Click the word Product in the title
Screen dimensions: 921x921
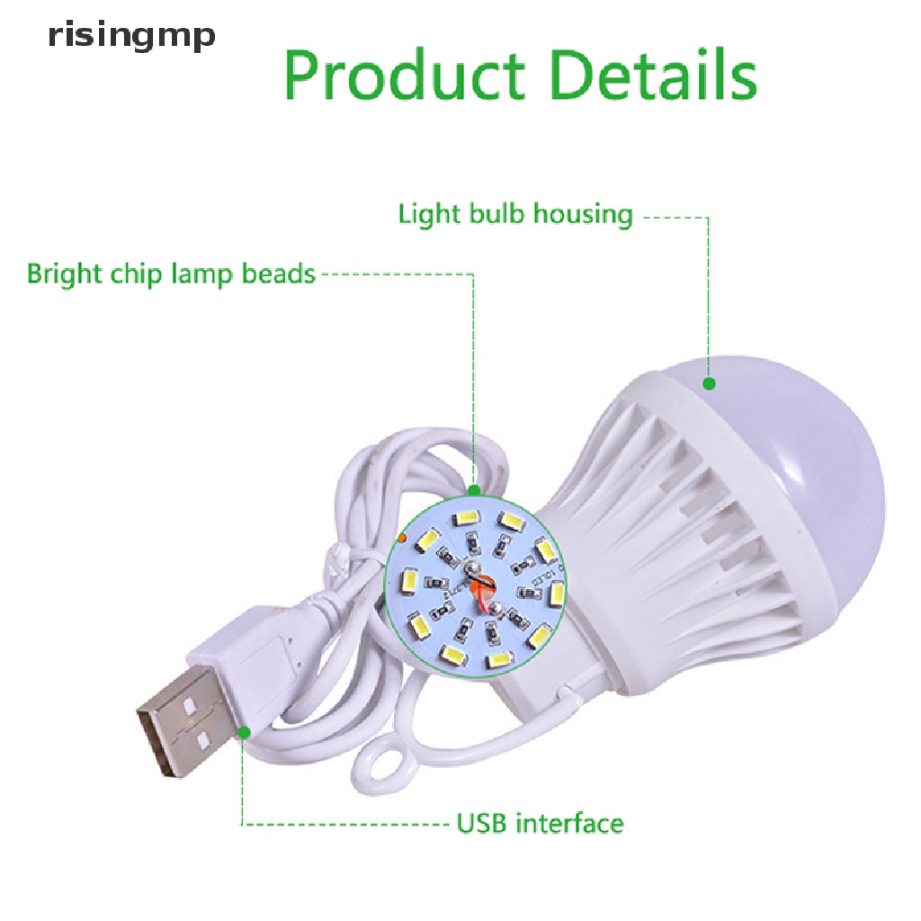click(x=404, y=76)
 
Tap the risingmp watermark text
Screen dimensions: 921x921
click(x=131, y=37)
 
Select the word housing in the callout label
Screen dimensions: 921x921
click(x=583, y=215)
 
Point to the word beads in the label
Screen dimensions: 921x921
click(x=279, y=273)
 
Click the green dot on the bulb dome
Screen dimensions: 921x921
click(x=709, y=384)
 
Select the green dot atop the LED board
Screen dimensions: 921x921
click(x=474, y=490)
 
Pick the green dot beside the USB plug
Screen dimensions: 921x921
click(x=244, y=732)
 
